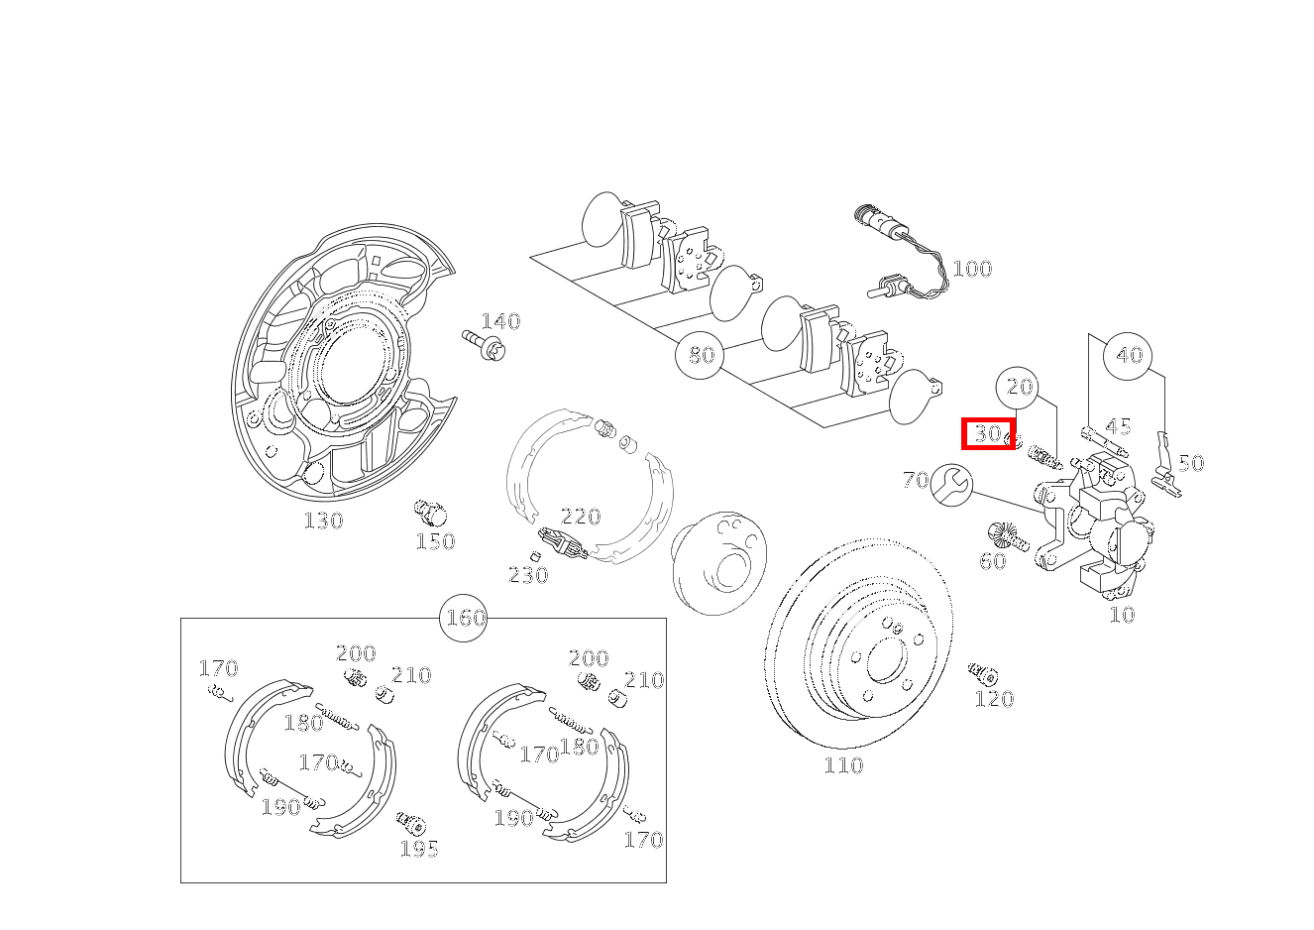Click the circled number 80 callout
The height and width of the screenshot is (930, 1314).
pos(701,355)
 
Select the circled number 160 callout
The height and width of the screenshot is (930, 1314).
pos(464,618)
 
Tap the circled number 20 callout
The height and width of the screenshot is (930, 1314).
pos(1020,387)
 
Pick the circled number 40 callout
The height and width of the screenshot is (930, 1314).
pos(1129,355)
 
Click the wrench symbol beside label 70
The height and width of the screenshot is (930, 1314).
pos(952,484)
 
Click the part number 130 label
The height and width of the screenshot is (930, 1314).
pos(323,521)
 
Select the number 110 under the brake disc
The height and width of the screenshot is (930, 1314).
pos(843,765)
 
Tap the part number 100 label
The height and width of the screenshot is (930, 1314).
pos(971,269)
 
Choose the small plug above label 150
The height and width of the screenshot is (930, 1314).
pos(429,513)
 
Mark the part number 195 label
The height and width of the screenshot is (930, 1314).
pos(419,849)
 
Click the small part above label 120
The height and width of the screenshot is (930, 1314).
pos(983,674)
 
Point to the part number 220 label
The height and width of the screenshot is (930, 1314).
pos(581,517)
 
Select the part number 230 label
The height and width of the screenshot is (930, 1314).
pos(528,575)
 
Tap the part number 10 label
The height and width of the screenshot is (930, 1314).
pos(1122,615)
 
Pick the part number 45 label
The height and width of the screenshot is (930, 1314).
pos(1118,427)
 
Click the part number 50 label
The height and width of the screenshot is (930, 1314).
pos(1191,463)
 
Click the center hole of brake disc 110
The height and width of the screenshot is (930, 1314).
pos(882,658)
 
